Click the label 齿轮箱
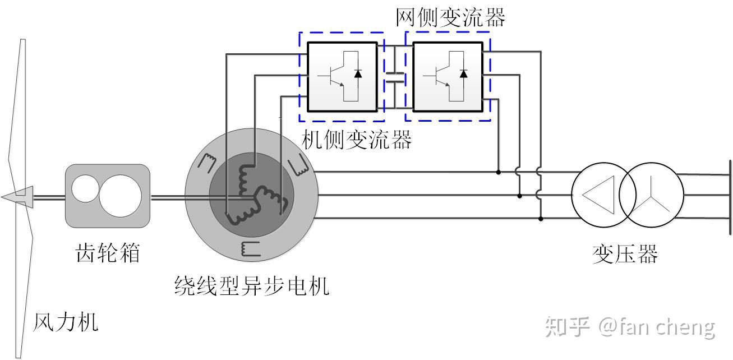[107, 253]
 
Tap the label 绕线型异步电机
[251, 286]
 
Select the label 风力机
[66, 322]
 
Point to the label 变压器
[625, 254]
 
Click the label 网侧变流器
[450, 17]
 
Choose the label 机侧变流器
[357, 140]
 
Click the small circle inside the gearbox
[85, 188]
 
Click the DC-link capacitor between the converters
[395, 77]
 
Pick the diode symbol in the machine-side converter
[358, 73]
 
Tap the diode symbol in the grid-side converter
[463, 73]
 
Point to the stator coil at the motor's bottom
[251, 248]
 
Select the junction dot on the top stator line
[499, 172]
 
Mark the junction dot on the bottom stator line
[541, 219]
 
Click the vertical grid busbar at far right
[730, 196]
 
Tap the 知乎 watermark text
[567, 327]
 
